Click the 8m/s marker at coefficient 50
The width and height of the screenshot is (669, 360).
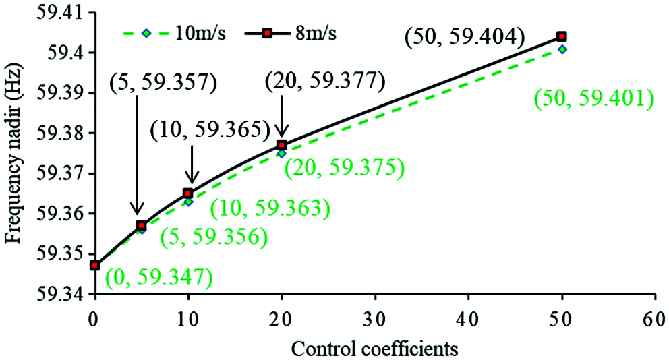(561, 36)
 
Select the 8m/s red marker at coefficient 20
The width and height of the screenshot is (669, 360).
(282, 145)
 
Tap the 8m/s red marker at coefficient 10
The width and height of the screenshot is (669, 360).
(188, 193)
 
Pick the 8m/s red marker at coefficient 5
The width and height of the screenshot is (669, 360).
(141, 225)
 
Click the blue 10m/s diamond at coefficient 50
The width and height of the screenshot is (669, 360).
(562, 49)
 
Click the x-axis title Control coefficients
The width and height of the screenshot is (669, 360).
(375, 348)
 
